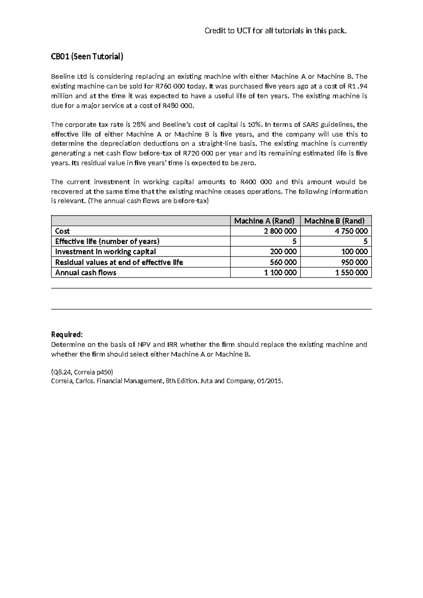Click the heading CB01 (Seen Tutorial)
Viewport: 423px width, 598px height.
(87, 57)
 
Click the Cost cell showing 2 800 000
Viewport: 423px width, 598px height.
(280, 231)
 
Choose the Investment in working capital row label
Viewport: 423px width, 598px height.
(105, 252)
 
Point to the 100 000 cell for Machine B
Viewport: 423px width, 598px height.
(354, 252)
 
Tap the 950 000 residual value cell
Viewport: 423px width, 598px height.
(354, 262)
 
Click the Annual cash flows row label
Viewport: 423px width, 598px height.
(86, 273)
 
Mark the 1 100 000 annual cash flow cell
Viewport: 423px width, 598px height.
(280, 273)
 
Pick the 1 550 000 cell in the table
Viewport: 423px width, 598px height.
(351, 273)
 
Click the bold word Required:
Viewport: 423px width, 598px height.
(67, 334)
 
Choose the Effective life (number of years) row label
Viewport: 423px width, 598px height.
(107, 242)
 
